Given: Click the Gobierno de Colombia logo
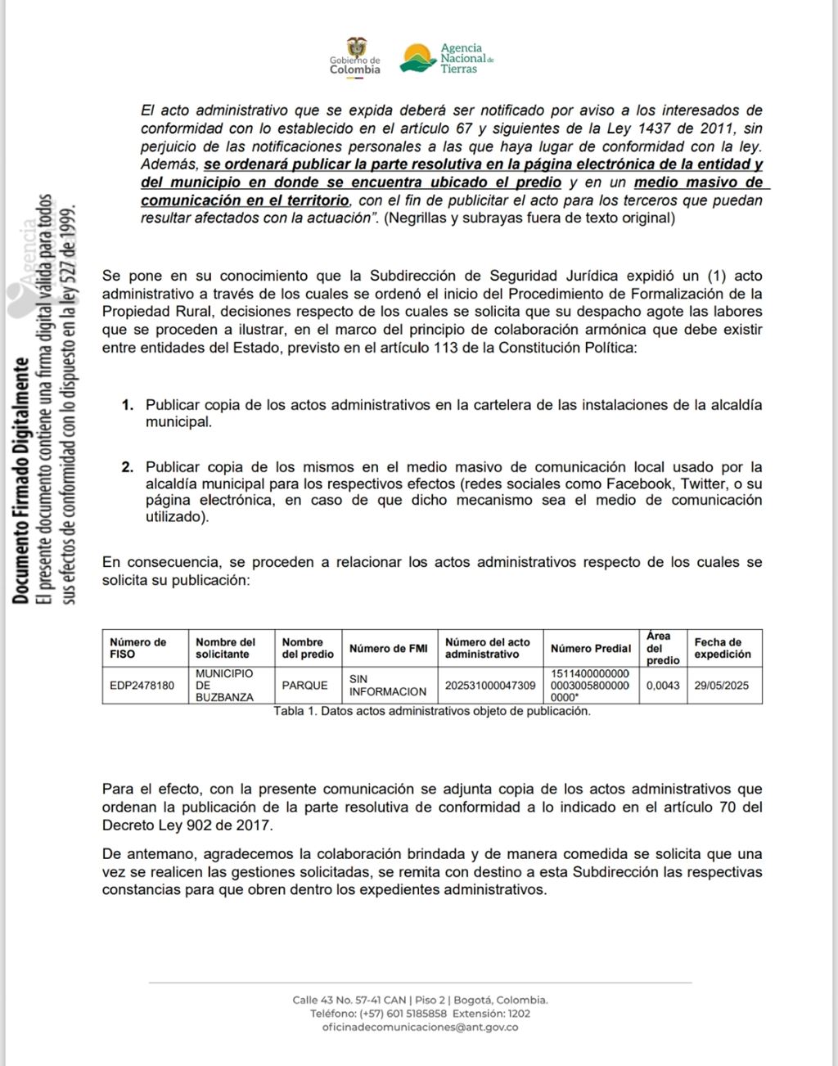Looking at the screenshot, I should point(355,56).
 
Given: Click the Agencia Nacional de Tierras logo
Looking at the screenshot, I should point(447,58).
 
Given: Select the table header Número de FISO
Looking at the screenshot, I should point(137,648).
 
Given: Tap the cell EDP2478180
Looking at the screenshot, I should point(142,686).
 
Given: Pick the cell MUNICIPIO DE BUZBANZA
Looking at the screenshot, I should point(224,686).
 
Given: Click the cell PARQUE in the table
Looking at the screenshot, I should point(304,686).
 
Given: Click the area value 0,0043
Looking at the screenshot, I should point(663,686).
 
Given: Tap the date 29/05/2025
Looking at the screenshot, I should point(722,686).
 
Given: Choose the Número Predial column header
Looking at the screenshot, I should point(591,649).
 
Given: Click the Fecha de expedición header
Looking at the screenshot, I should point(723,648).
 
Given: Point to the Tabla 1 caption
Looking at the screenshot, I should point(432,711).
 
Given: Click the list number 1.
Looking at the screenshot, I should point(127,405).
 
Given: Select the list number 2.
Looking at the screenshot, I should point(127,467).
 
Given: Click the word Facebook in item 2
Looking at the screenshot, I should point(639,484).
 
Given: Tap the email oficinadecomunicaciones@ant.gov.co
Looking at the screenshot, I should point(420,1027).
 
